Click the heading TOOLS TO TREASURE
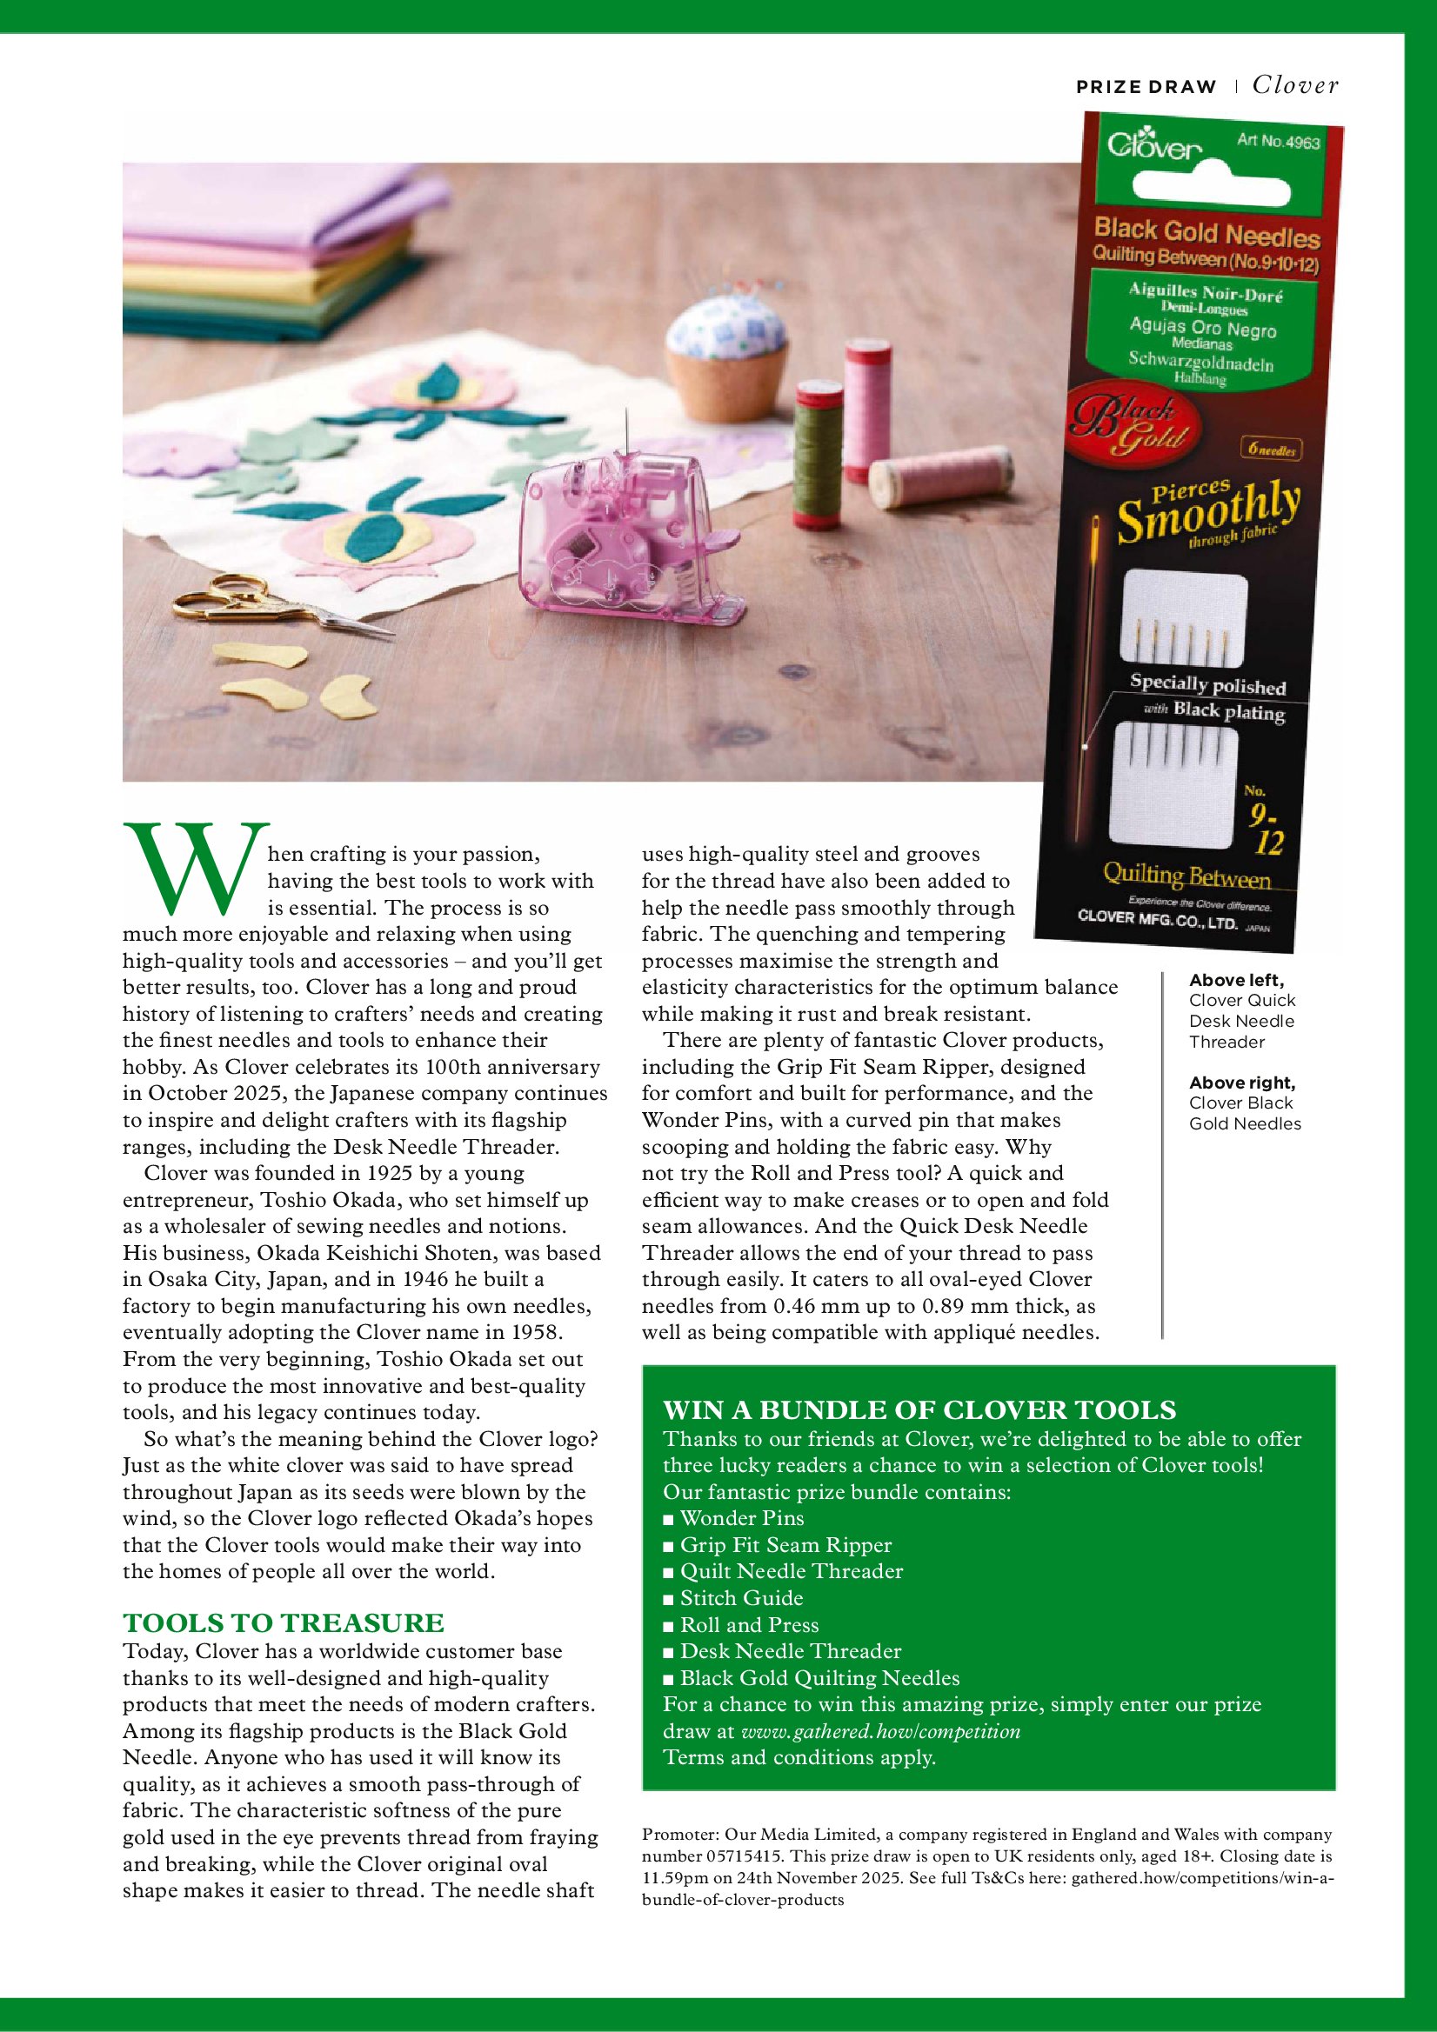click(284, 1623)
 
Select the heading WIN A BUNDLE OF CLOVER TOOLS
click(919, 1409)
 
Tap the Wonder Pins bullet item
click(741, 1519)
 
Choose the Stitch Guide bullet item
click(741, 1598)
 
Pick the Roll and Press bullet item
click(749, 1625)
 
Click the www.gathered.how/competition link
click(880, 1731)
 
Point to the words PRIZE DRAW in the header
click(1146, 87)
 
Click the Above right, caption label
click(1242, 1083)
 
